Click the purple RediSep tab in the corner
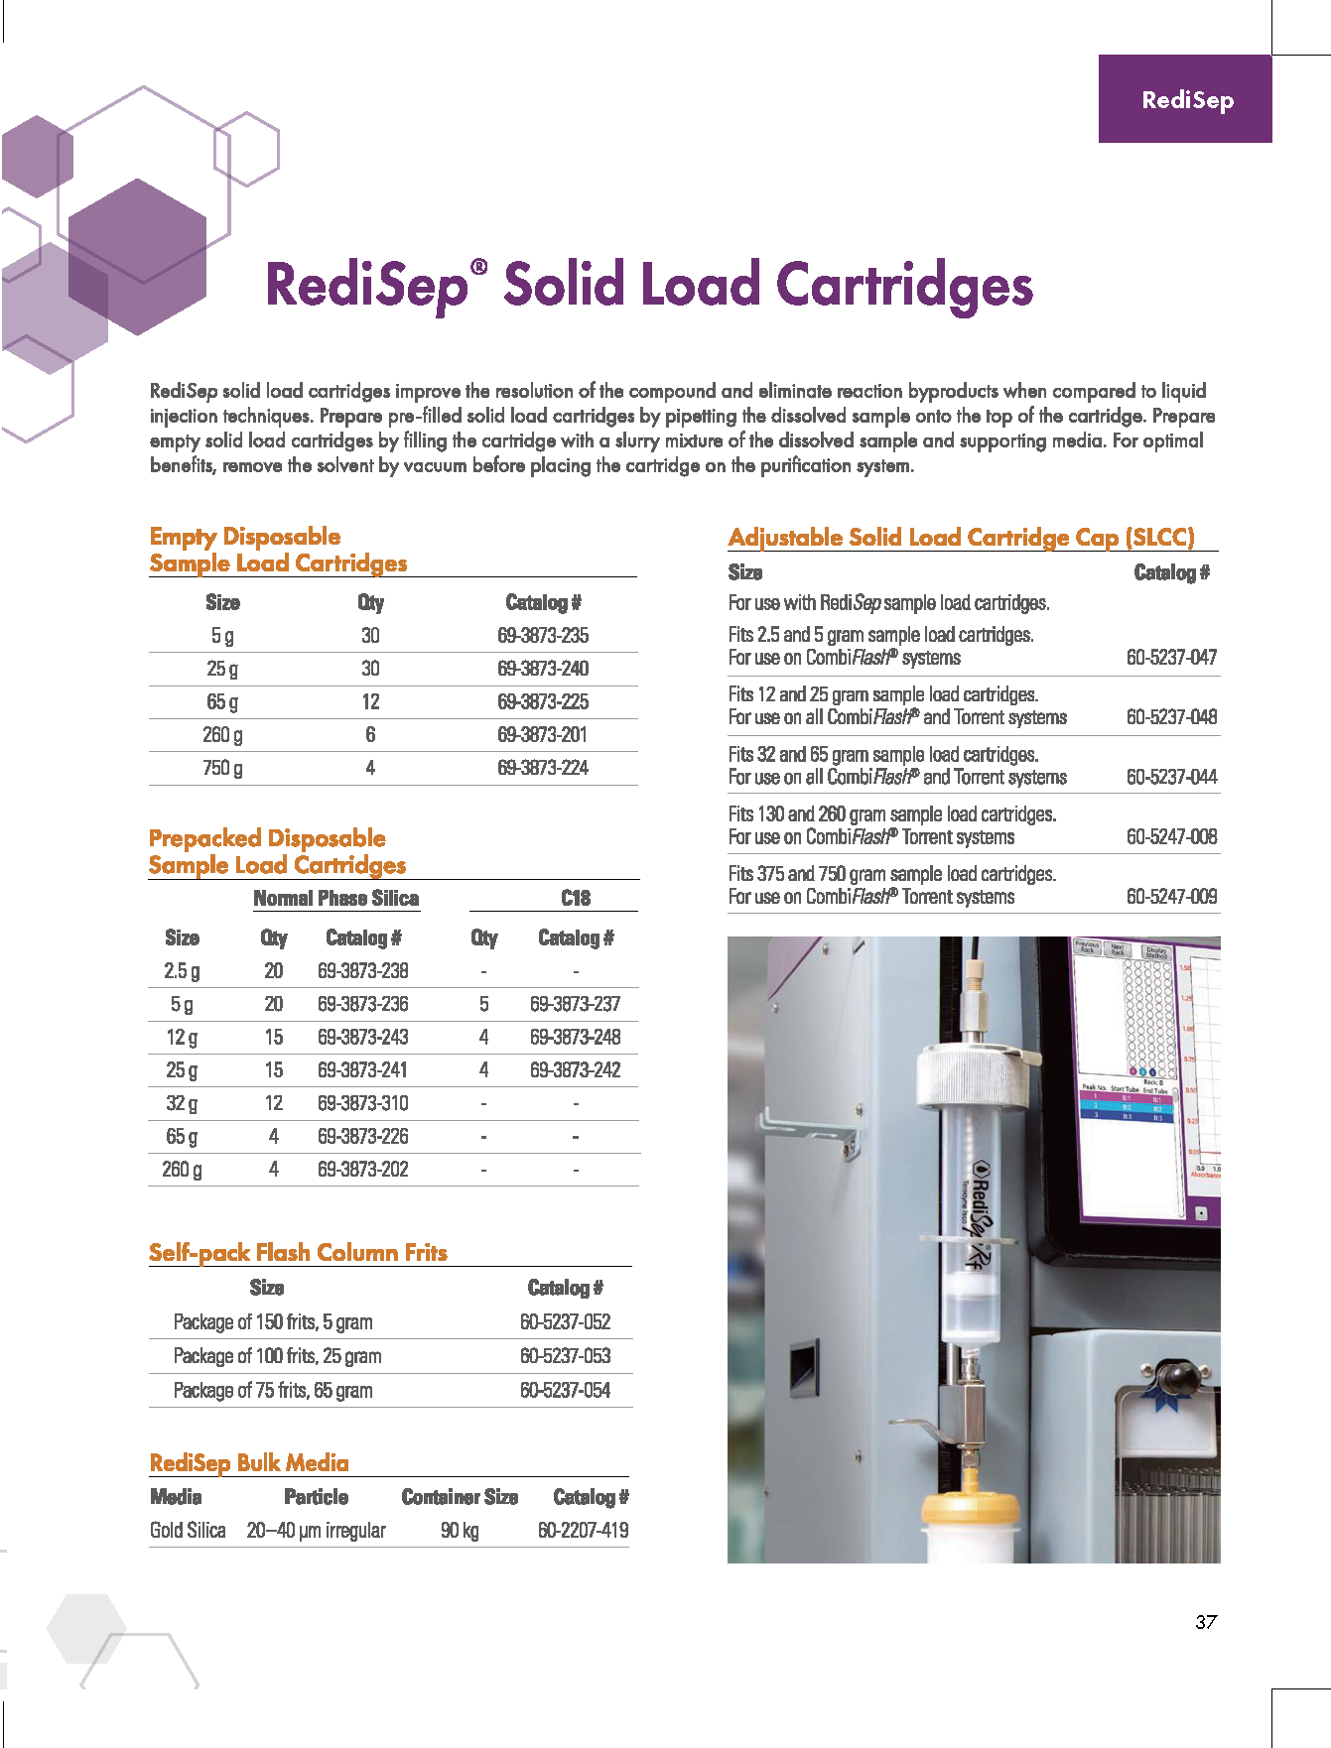(x=1185, y=99)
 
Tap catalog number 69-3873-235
(x=543, y=636)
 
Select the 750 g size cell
(x=222, y=768)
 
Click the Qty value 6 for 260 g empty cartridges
(x=370, y=735)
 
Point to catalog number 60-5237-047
(x=1171, y=657)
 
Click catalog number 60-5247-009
(x=1171, y=896)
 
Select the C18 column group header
(x=575, y=898)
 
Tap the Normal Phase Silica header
(x=335, y=898)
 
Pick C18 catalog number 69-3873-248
(x=575, y=1037)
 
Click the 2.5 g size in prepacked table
(x=182, y=971)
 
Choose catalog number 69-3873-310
(x=362, y=1103)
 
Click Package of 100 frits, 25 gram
(x=277, y=1356)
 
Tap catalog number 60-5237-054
(x=565, y=1390)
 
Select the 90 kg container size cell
(x=460, y=1530)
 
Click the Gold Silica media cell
(x=188, y=1530)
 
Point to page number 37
(x=1206, y=1622)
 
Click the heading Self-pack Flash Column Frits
(x=298, y=1252)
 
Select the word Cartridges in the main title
(x=904, y=285)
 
